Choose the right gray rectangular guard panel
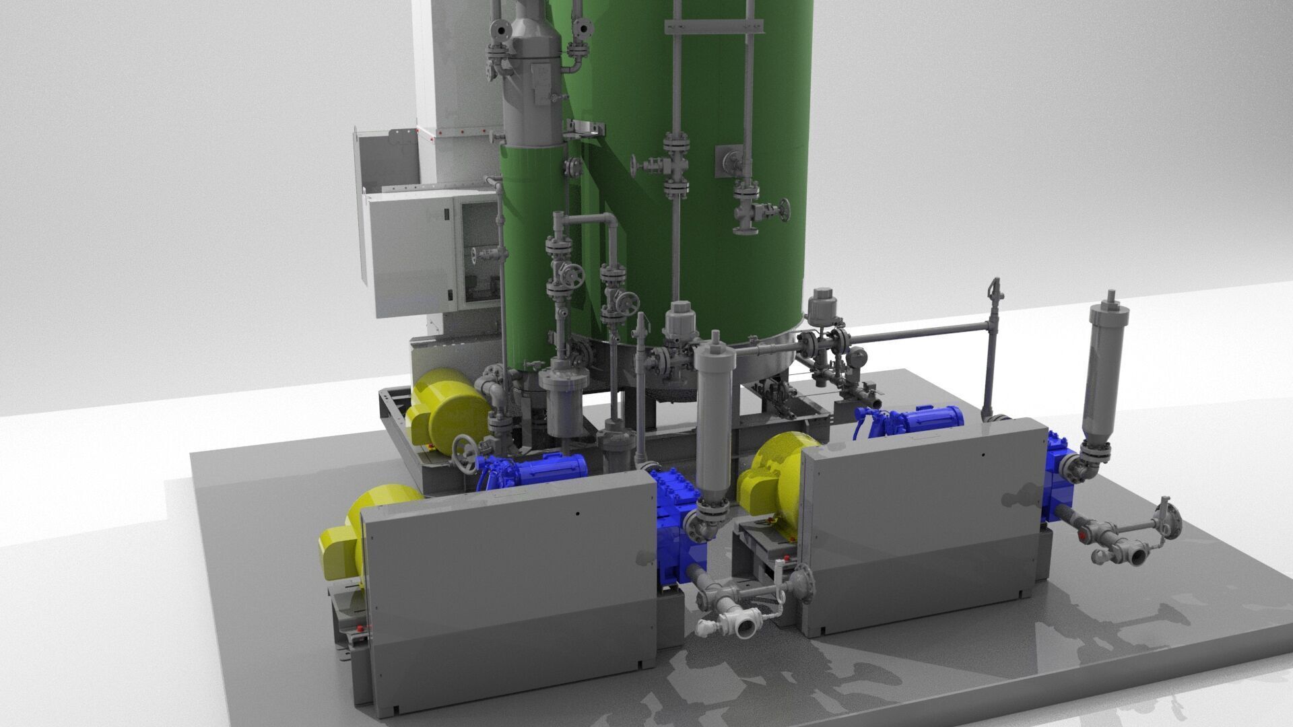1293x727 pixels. [x=923, y=518]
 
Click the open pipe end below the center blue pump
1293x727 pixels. [x=745, y=629]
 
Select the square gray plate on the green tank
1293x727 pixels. [x=728, y=158]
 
